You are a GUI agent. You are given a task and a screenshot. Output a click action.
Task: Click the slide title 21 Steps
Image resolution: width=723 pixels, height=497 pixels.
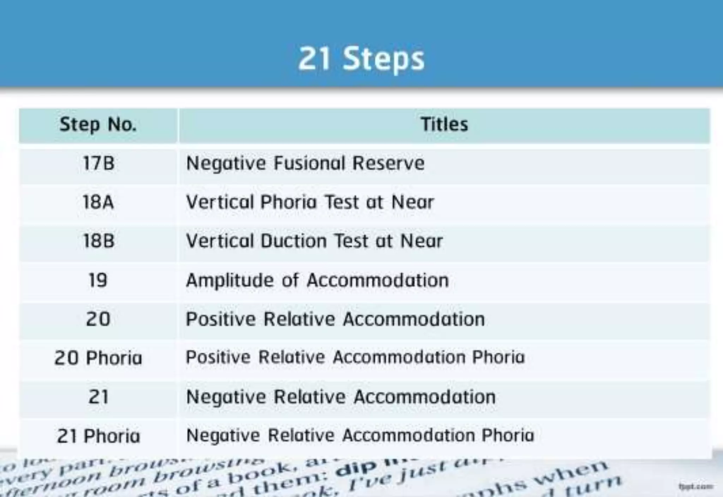(361, 59)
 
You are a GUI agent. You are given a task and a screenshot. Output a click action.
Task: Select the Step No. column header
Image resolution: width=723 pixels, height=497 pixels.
(98, 125)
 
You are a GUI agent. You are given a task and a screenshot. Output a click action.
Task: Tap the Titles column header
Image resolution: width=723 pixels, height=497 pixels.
(444, 124)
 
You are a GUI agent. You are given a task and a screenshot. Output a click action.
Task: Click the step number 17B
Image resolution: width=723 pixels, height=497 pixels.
(98, 163)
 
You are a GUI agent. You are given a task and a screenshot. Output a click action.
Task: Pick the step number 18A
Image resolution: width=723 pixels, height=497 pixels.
(98, 202)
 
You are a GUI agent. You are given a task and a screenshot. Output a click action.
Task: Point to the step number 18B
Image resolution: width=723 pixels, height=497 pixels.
(98, 241)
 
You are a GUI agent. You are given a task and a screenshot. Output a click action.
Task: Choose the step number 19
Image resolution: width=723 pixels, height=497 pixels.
(98, 280)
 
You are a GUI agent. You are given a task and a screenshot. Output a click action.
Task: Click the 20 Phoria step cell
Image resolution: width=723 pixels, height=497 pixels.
(98, 358)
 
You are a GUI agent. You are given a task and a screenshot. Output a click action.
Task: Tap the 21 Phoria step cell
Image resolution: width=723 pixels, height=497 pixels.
(98, 436)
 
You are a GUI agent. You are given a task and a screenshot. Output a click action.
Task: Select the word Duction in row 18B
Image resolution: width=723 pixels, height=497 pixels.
(293, 241)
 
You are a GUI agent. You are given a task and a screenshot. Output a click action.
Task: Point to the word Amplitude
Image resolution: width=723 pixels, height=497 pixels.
(230, 281)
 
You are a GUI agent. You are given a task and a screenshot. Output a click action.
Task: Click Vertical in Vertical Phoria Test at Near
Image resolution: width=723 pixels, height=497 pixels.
(220, 202)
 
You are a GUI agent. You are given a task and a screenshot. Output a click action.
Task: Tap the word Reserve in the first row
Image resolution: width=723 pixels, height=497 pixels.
(388, 163)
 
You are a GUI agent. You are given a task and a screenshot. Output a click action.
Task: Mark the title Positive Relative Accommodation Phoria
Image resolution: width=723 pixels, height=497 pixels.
(355, 357)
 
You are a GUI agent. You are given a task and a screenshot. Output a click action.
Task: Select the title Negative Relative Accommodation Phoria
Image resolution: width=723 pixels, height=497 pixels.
(360, 435)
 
